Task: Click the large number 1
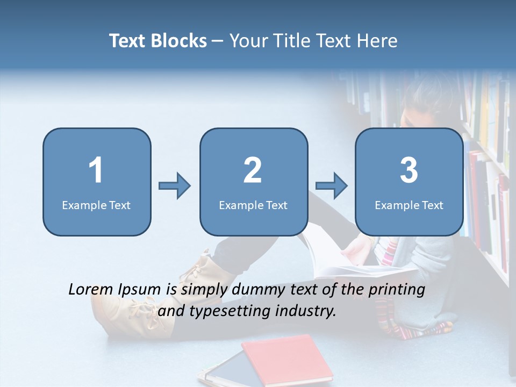(96, 170)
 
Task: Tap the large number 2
(253, 170)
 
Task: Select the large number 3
(409, 170)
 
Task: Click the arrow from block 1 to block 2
(175, 186)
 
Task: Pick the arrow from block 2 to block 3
(331, 186)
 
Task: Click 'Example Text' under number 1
(96, 205)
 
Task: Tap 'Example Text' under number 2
(253, 205)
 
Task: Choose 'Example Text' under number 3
(409, 205)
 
